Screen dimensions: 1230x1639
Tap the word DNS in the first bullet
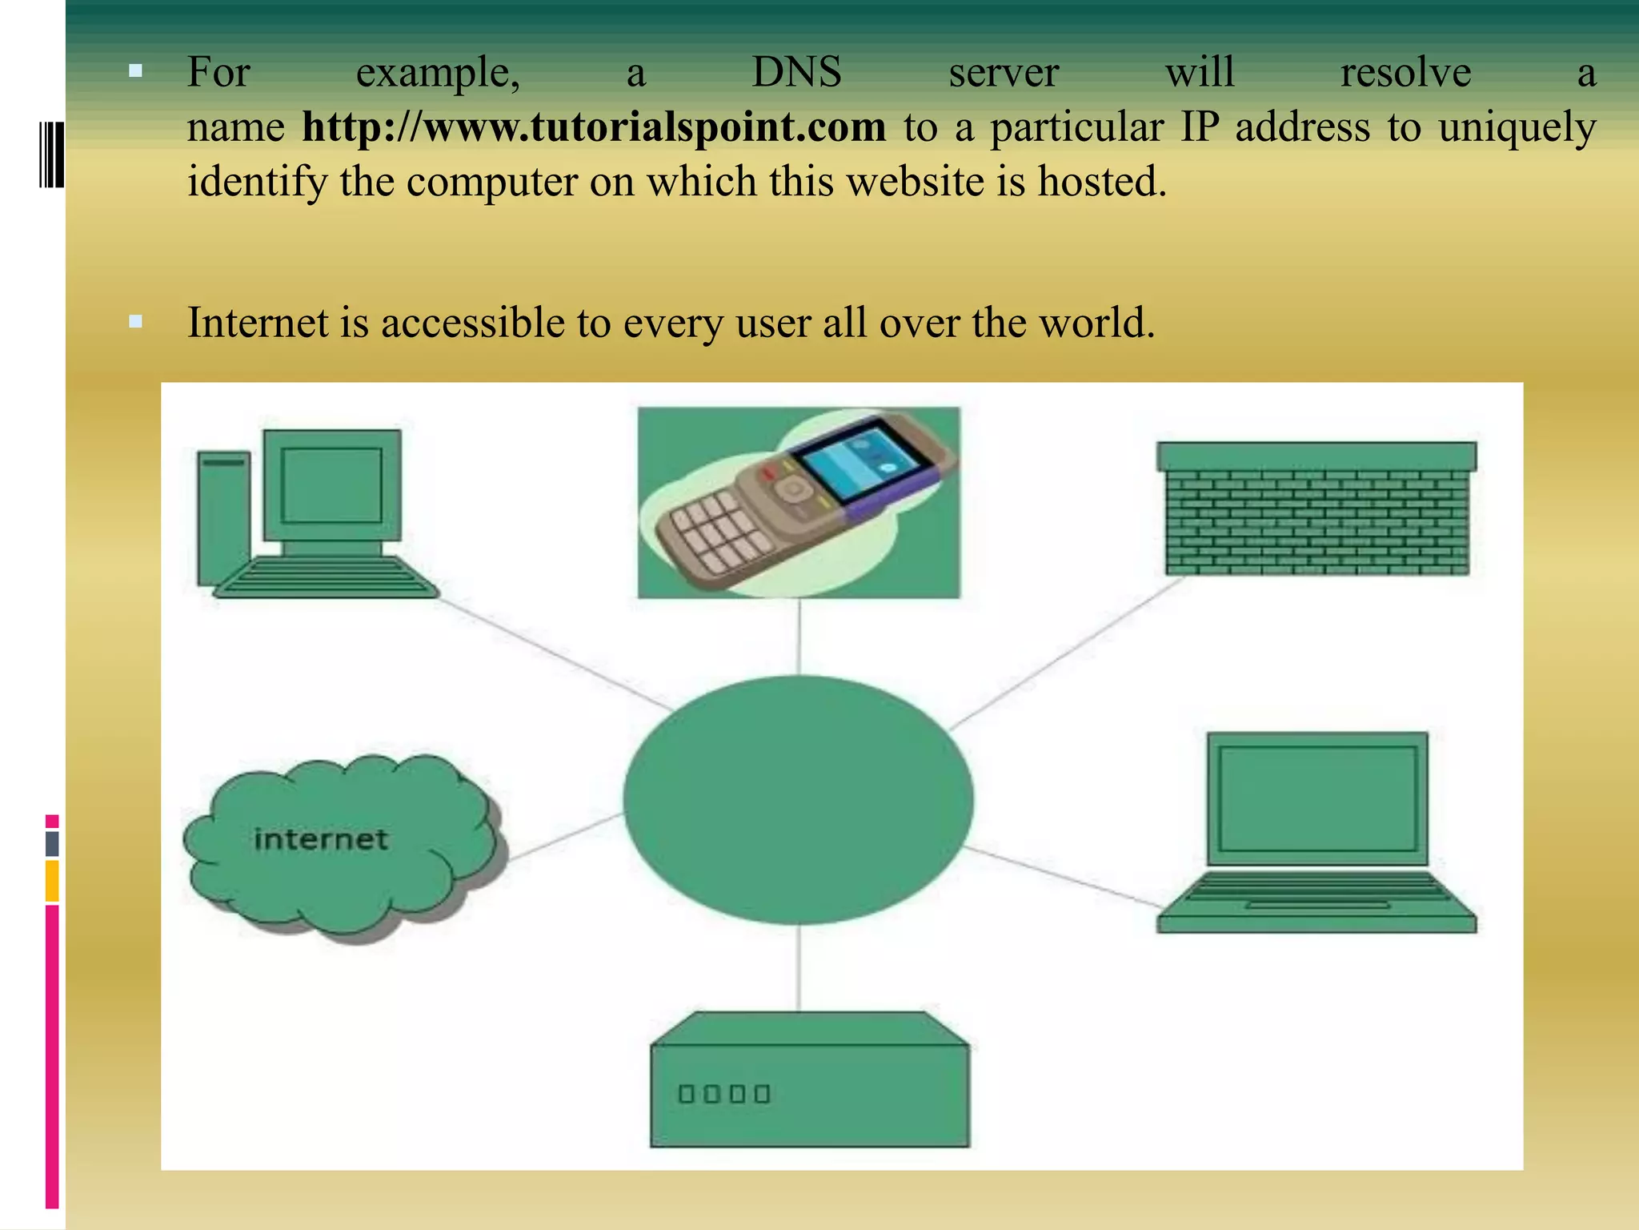pos(796,73)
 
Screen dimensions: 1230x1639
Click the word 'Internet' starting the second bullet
pos(258,324)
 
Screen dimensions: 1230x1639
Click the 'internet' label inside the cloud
pos(321,839)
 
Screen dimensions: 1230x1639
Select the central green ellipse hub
pos(798,799)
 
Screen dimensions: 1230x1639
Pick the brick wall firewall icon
pos(1316,509)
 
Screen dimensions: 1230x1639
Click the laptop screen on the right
pos(1317,798)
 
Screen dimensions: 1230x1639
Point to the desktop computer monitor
pos(331,485)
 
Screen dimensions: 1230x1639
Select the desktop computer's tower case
pos(224,517)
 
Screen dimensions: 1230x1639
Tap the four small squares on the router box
pos(723,1094)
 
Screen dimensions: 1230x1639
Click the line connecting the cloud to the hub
pos(566,837)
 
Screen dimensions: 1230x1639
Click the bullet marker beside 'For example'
pos(135,71)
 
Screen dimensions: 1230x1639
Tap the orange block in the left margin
pos(52,881)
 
